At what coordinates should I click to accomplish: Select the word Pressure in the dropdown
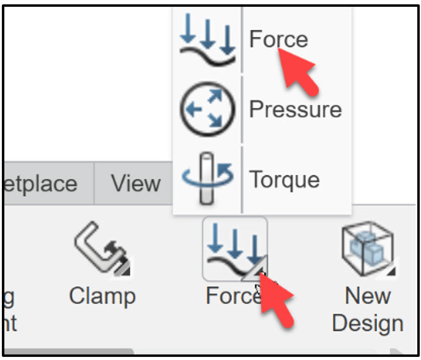pyautogui.click(x=295, y=109)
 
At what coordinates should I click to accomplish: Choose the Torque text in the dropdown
pyautogui.click(x=284, y=180)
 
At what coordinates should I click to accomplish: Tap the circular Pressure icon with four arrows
pyautogui.click(x=207, y=109)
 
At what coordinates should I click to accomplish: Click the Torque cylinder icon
pyautogui.click(x=207, y=178)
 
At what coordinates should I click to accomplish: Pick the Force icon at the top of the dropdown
pyautogui.click(x=207, y=40)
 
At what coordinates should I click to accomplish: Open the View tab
pyautogui.click(x=135, y=183)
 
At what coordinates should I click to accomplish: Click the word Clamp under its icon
pyautogui.click(x=102, y=296)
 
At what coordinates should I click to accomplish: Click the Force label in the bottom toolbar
pyautogui.click(x=229, y=296)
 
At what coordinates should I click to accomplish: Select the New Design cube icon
pyautogui.click(x=366, y=248)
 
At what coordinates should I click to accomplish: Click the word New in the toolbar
pyautogui.click(x=367, y=296)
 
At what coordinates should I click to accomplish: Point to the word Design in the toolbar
pyautogui.click(x=367, y=323)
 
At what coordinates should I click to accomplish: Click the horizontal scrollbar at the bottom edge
pyautogui.click(x=67, y=351)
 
